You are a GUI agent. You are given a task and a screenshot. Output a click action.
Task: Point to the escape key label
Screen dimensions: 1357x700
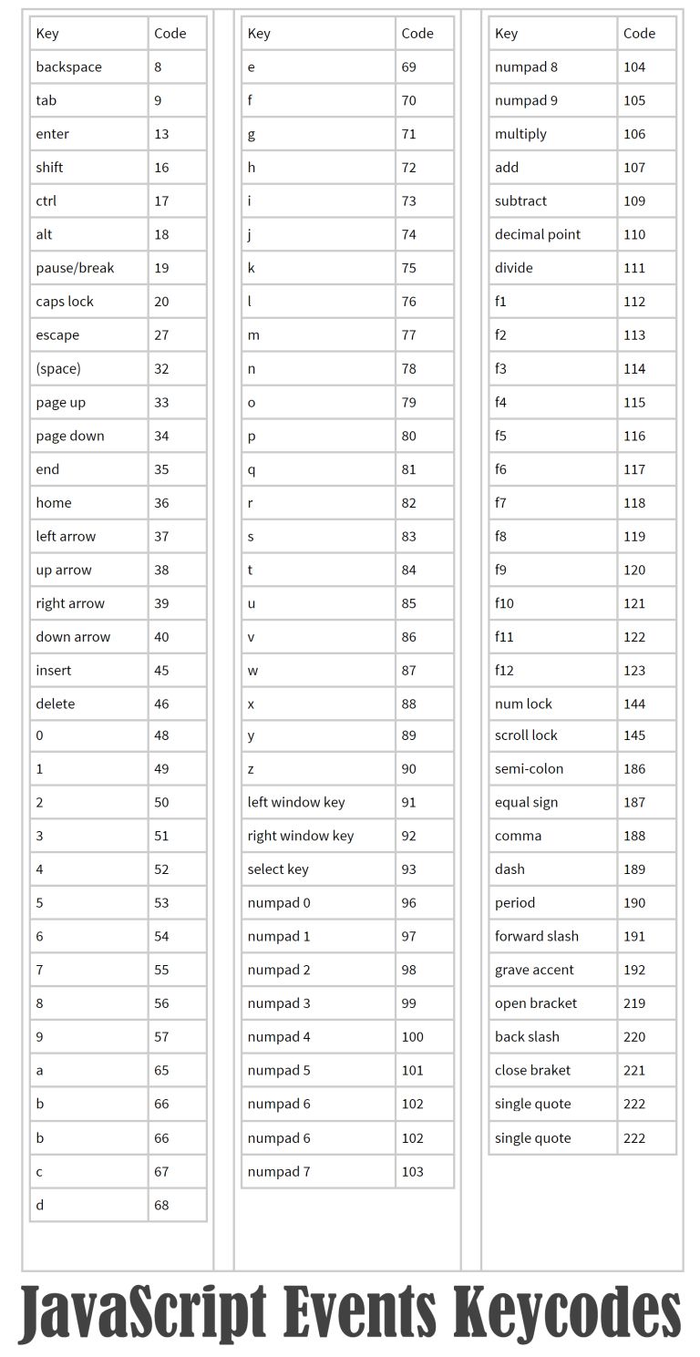pos(57,335)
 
